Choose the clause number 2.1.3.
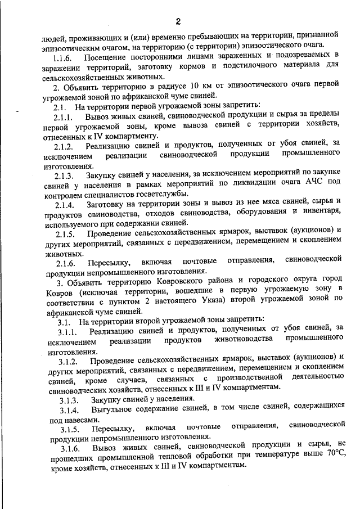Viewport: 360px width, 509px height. pyautogui.click(x=64, y=176)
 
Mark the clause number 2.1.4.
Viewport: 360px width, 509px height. pyautogui.click(x=64, y=206)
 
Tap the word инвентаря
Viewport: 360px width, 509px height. pyautogui.click(x=321, y=216)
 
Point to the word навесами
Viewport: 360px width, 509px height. pyautogui.click(x=81, y=419)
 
